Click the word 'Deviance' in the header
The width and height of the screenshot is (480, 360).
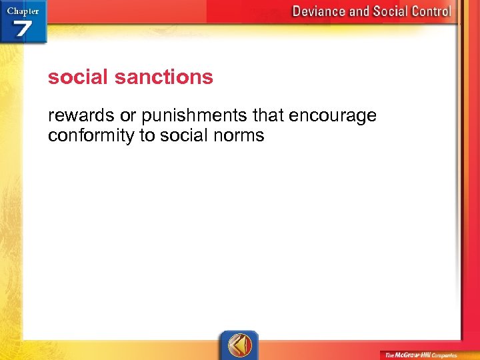(x=321, y=11)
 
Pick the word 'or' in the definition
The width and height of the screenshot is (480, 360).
(x=127, y=115)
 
